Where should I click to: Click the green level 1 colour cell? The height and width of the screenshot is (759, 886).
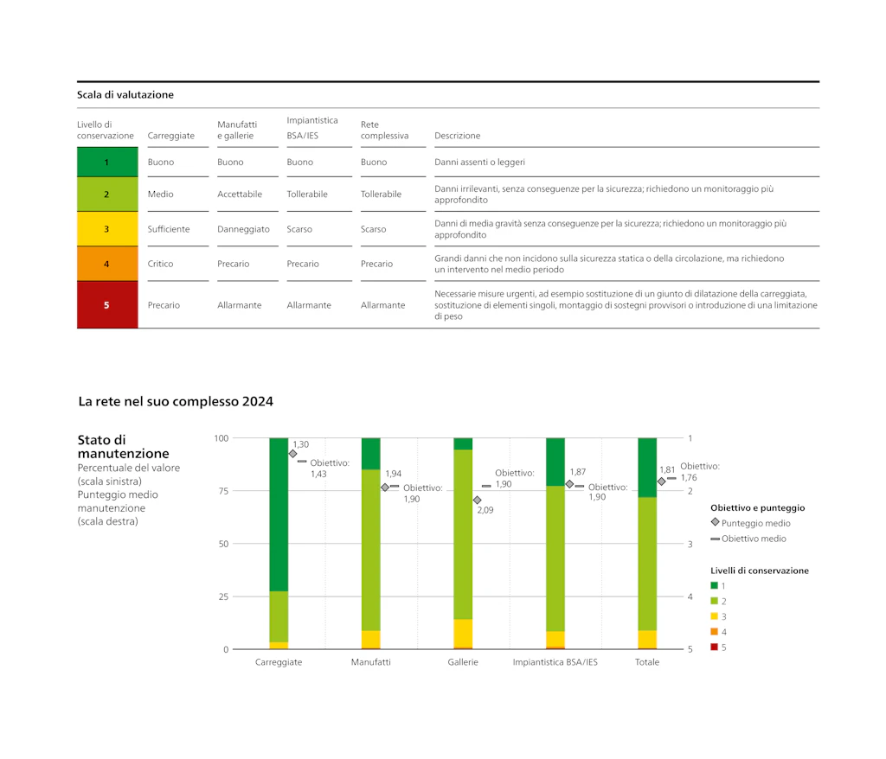[107, 162]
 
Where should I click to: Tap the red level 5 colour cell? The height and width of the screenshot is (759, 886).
[107, 305]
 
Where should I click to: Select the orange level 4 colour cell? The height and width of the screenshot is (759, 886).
[107, 264]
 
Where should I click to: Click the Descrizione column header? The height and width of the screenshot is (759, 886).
[457, 136]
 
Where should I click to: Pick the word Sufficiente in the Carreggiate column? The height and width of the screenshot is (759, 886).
[169, 229]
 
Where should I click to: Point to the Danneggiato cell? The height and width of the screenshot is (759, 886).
[243, 229]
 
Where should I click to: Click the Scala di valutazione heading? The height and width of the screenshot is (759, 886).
[125, 95]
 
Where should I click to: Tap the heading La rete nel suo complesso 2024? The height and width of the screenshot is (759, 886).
[176, 401]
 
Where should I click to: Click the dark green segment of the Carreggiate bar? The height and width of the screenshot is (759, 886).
[279, 514]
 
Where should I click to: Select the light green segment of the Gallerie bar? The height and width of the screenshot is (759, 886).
[463, 534]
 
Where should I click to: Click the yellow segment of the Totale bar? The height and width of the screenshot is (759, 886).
[647, 640]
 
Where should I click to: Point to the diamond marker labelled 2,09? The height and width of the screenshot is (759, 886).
[478, 501]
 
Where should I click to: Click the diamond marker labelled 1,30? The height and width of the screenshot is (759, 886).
[292, 454]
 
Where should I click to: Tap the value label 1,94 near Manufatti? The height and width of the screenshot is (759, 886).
[394, 474]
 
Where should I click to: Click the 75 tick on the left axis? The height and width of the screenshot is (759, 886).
[224, 491]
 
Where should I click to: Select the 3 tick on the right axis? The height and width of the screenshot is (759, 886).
[690, 545]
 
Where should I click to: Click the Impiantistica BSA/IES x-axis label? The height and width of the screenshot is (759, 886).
[555, 662]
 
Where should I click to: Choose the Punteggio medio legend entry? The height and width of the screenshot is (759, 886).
[751, 523]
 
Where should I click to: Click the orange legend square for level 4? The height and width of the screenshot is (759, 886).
[714, 631]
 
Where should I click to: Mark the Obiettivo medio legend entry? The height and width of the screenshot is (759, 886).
[748, 539]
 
